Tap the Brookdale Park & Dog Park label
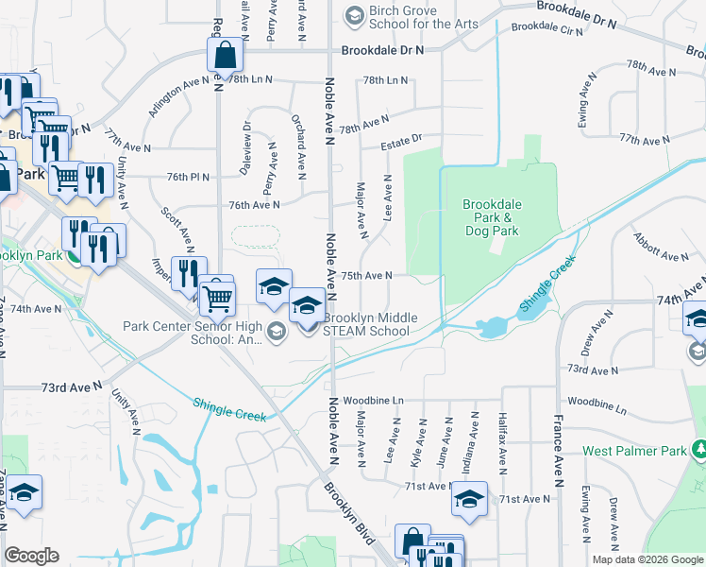click(x=491, y=217)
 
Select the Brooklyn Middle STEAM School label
click(x=368, y=324)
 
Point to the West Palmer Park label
click(x=633, y=451)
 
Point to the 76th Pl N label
click(x=188, y=177)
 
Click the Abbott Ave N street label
click(x=660, y=248)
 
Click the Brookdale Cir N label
click(x=547, y=28)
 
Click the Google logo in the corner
click(x=31, y=556)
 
